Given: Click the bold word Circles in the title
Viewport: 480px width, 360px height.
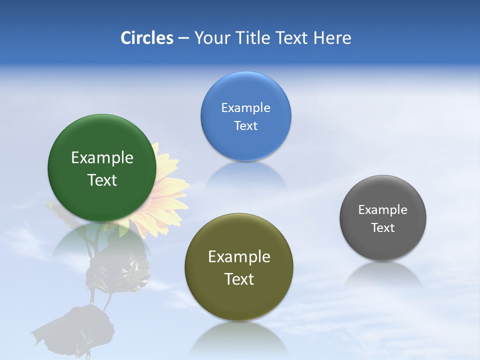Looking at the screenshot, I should coord(147,38).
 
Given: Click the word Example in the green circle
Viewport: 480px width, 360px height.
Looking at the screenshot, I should coord(102,158).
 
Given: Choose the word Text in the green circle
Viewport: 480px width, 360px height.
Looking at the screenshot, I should coord(102,180).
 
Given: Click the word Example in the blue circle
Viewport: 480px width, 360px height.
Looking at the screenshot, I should coord(245,108).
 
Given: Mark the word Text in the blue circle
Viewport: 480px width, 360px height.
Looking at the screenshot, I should coord(245,126).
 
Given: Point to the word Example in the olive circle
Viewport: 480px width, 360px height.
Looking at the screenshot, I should coord(239,257).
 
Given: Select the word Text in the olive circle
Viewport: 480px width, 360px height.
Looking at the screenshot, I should coord(239,279).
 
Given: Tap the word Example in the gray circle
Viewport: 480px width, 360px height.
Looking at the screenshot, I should coord(383,210).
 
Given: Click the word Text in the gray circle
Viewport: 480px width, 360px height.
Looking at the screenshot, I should coord(383,228).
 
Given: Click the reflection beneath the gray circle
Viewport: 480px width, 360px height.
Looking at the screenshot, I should coord(383,275).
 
